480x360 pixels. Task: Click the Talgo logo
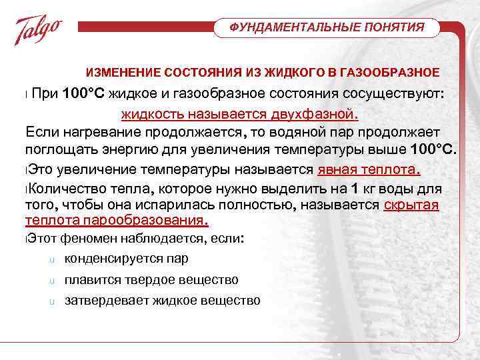click(39, 29)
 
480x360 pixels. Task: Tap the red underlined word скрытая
click(411, 205)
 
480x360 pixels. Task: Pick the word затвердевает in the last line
click(106, 301)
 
